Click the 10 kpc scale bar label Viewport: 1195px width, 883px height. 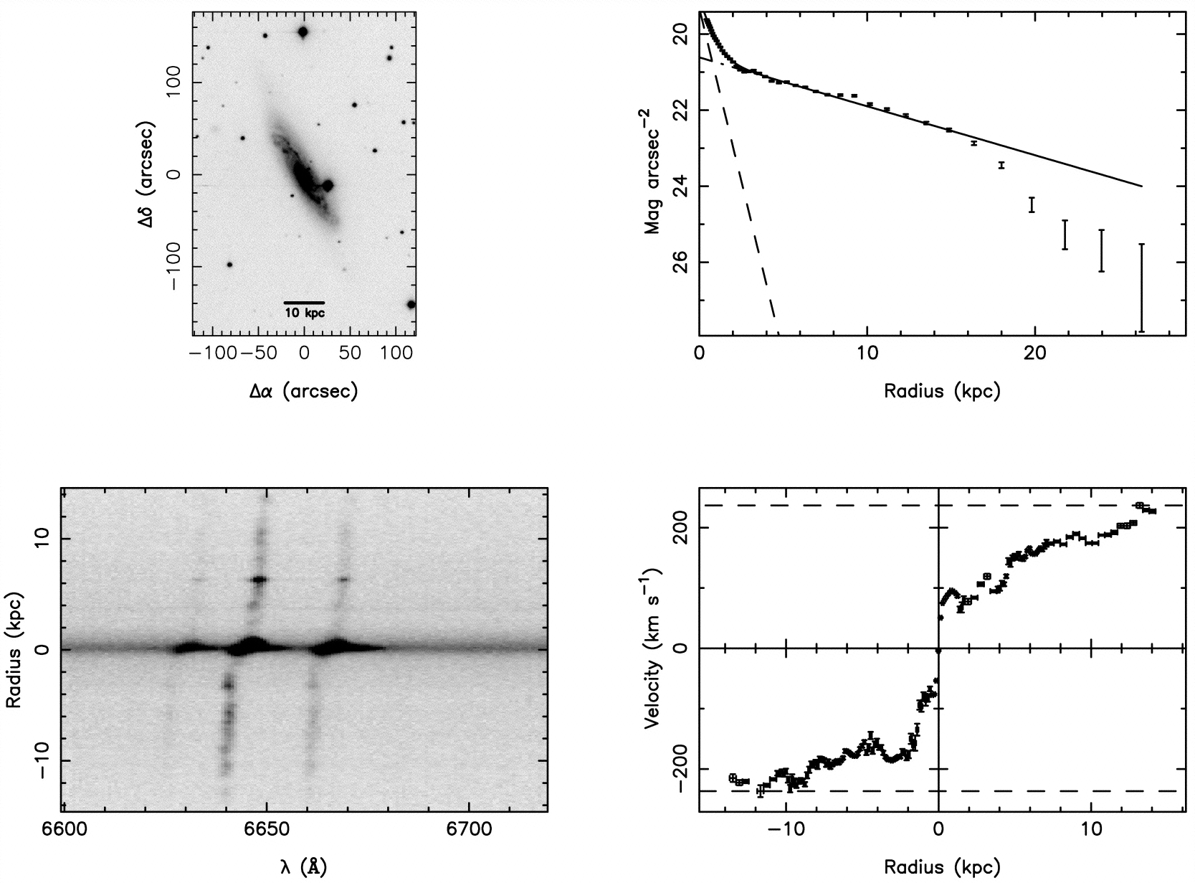305,313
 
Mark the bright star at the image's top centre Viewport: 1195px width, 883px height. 303,32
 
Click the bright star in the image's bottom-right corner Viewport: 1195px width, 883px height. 411,304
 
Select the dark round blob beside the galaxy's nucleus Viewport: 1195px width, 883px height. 328,185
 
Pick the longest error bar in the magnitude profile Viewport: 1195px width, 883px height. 1141,288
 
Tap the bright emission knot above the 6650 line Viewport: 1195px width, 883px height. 259,579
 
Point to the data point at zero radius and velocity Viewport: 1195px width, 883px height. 938,651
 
